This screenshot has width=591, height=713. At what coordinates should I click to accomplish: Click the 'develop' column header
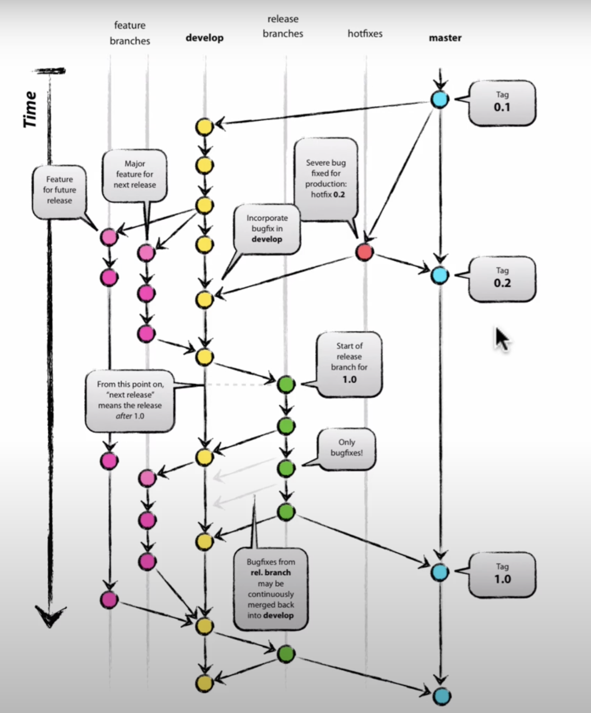204,38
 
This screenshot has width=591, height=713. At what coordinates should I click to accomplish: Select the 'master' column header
445,38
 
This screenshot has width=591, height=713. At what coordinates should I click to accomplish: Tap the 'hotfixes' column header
365,33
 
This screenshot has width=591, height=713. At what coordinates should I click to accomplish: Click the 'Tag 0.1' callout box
502,102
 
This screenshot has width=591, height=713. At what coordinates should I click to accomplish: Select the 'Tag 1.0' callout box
502,574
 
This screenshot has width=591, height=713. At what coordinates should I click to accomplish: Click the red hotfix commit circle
364,252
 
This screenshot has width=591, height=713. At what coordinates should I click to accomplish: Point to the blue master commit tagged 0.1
440,99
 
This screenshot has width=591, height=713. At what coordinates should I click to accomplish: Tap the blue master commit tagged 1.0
440,572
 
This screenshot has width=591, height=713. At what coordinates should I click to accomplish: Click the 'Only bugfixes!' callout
346,448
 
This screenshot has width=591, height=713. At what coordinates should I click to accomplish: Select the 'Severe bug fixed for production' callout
326,179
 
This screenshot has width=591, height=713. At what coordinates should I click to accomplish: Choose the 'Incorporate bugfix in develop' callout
267,229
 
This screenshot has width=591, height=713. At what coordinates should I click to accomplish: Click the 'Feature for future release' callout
59,190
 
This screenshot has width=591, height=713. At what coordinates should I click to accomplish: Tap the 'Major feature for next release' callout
134,174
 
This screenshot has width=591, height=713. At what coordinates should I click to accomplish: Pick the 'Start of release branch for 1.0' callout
349,363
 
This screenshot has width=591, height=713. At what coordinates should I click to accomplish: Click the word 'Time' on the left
30,109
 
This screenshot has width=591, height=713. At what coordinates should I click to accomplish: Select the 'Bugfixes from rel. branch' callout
271,588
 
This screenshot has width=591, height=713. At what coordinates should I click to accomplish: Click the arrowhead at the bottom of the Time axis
50,616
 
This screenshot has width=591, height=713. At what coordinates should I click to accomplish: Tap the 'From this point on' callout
130,400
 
